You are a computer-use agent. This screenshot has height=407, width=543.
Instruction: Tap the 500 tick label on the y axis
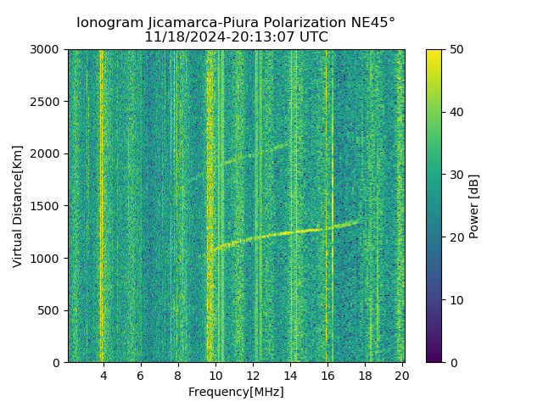pos(51,310)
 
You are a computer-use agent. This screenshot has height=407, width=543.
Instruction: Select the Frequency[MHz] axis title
pos(236,392)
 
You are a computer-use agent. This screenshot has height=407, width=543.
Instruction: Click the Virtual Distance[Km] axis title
pos(18,206)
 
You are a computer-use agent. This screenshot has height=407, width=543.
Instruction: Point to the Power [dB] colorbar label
pos(474,206)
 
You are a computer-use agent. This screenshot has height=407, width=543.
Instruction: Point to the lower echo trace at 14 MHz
pos(290,232)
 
